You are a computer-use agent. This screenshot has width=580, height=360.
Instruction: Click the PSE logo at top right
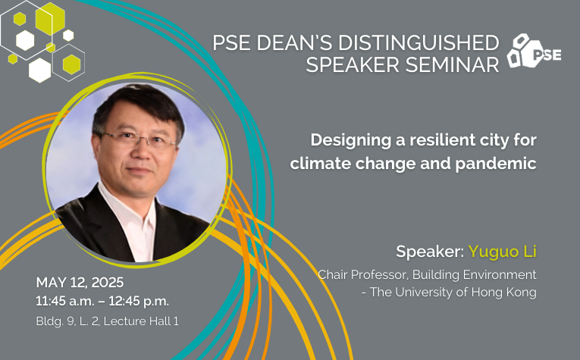point(534,51)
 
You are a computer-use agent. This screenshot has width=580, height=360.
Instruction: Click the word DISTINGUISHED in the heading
point(419,42)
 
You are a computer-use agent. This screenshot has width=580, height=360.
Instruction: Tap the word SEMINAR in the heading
point(452,64)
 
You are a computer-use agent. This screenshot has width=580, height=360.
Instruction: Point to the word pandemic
point(496,164)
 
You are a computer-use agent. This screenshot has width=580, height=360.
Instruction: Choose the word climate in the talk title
point(321,164)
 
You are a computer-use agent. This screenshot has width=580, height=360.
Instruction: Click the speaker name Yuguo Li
point(503,252)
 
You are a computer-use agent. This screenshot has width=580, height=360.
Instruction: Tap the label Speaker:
point(430,252)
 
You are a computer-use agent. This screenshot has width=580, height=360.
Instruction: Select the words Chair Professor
point(363,274)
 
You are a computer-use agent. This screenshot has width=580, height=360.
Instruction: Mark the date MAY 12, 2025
point(80,283)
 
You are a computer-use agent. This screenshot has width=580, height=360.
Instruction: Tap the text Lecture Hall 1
point(141,321)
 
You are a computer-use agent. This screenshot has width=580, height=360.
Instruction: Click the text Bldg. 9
point(55,321)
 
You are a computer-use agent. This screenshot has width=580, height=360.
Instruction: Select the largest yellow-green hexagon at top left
point(50,19)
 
